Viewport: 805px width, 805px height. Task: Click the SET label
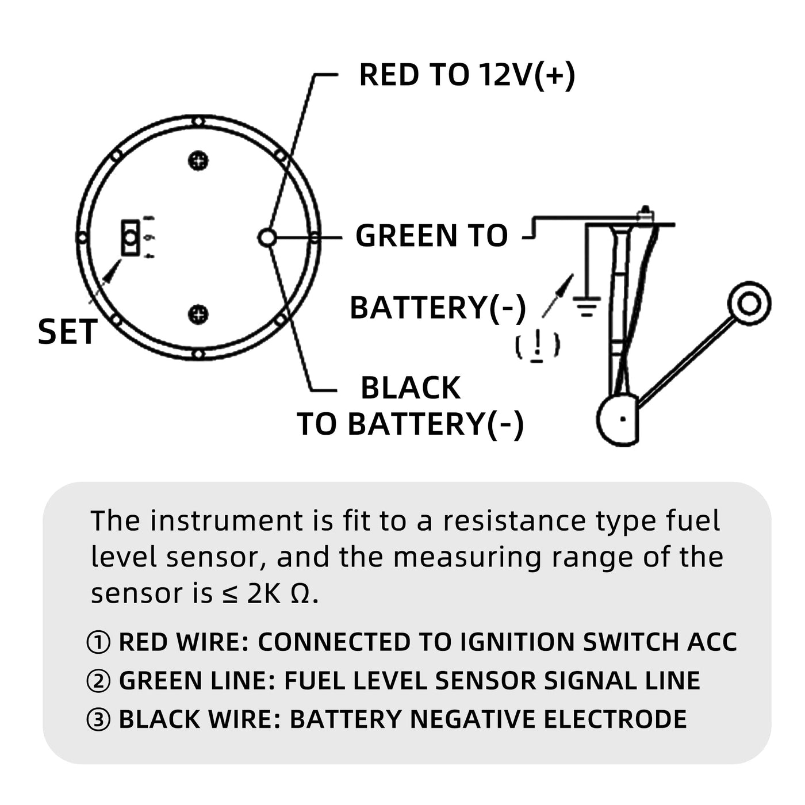click(67, 332)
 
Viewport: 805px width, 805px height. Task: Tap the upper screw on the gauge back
click(198, 161)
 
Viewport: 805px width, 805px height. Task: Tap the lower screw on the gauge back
click(198, 314)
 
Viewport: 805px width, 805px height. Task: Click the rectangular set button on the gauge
click(131, 237)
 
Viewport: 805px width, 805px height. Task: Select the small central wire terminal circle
click(267, 237)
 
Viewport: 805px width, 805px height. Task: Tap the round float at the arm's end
click(749, 303)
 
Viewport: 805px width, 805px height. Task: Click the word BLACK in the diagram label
click(411, 388)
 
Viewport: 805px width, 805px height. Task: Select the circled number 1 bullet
click(98, 642)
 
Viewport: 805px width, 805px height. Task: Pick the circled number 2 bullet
click(98, 681)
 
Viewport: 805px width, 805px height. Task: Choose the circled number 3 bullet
click(98, 719)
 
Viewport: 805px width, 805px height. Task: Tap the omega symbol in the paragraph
click(300, 594)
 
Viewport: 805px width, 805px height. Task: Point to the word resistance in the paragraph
click(514, 521)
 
